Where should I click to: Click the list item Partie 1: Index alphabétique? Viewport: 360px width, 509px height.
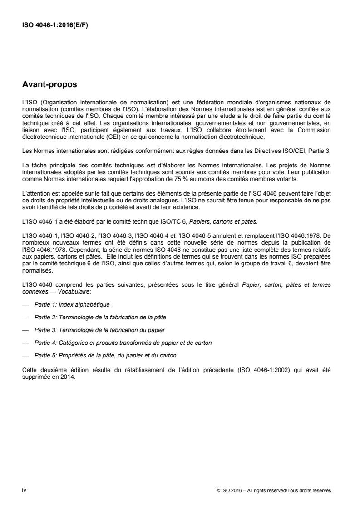72,304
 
